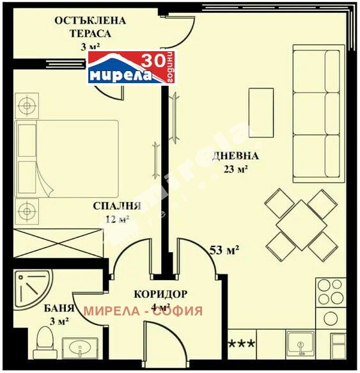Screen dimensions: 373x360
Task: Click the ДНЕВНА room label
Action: [x=235, y=155]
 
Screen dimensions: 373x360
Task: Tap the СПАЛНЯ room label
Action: [x=117, y=206]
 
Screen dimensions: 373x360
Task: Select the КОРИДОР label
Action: [x=160, y=294]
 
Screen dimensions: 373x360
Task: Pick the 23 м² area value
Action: [x=235, y=170]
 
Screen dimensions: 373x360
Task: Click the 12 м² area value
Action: [x=117, y=219]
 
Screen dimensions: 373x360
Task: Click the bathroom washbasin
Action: [x=80, y=349]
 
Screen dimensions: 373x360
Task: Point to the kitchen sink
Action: [x=300, y=344]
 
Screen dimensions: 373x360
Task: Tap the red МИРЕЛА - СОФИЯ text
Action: [x=143, y=311]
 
